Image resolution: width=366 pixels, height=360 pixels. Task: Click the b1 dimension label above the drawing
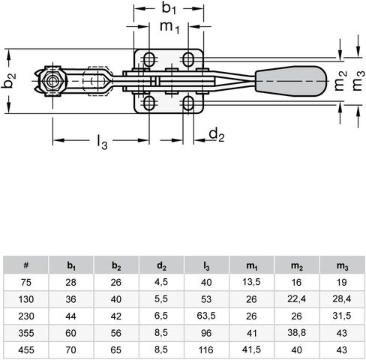[169, 8]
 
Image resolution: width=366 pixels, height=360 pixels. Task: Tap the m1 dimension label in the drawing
[169, 27]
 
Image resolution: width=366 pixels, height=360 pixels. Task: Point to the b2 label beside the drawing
[9, 80]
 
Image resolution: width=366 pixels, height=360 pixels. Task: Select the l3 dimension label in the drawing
[102, 142]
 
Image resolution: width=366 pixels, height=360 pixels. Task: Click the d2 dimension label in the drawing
[217, 135]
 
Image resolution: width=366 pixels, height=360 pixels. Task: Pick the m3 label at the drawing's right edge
[358, 81]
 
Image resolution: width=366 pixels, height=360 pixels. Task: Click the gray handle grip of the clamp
[291, 81]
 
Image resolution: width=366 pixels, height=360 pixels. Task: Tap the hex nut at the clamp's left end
[52, 81]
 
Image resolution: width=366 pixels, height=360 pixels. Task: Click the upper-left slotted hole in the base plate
[149, 59]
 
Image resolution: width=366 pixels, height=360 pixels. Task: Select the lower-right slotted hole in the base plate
[188, 103]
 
